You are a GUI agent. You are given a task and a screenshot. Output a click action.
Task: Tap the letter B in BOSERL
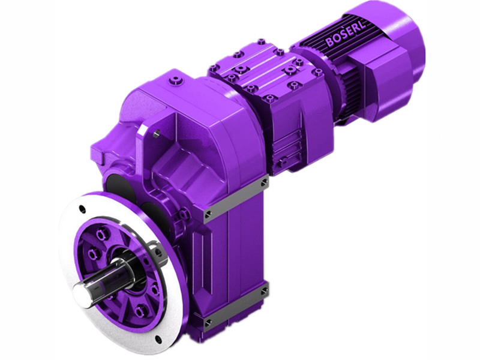point(329,43)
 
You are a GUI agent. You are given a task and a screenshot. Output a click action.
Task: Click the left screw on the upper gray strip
point(208,214)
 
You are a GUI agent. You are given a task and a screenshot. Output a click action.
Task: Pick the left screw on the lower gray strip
point(209,325)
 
